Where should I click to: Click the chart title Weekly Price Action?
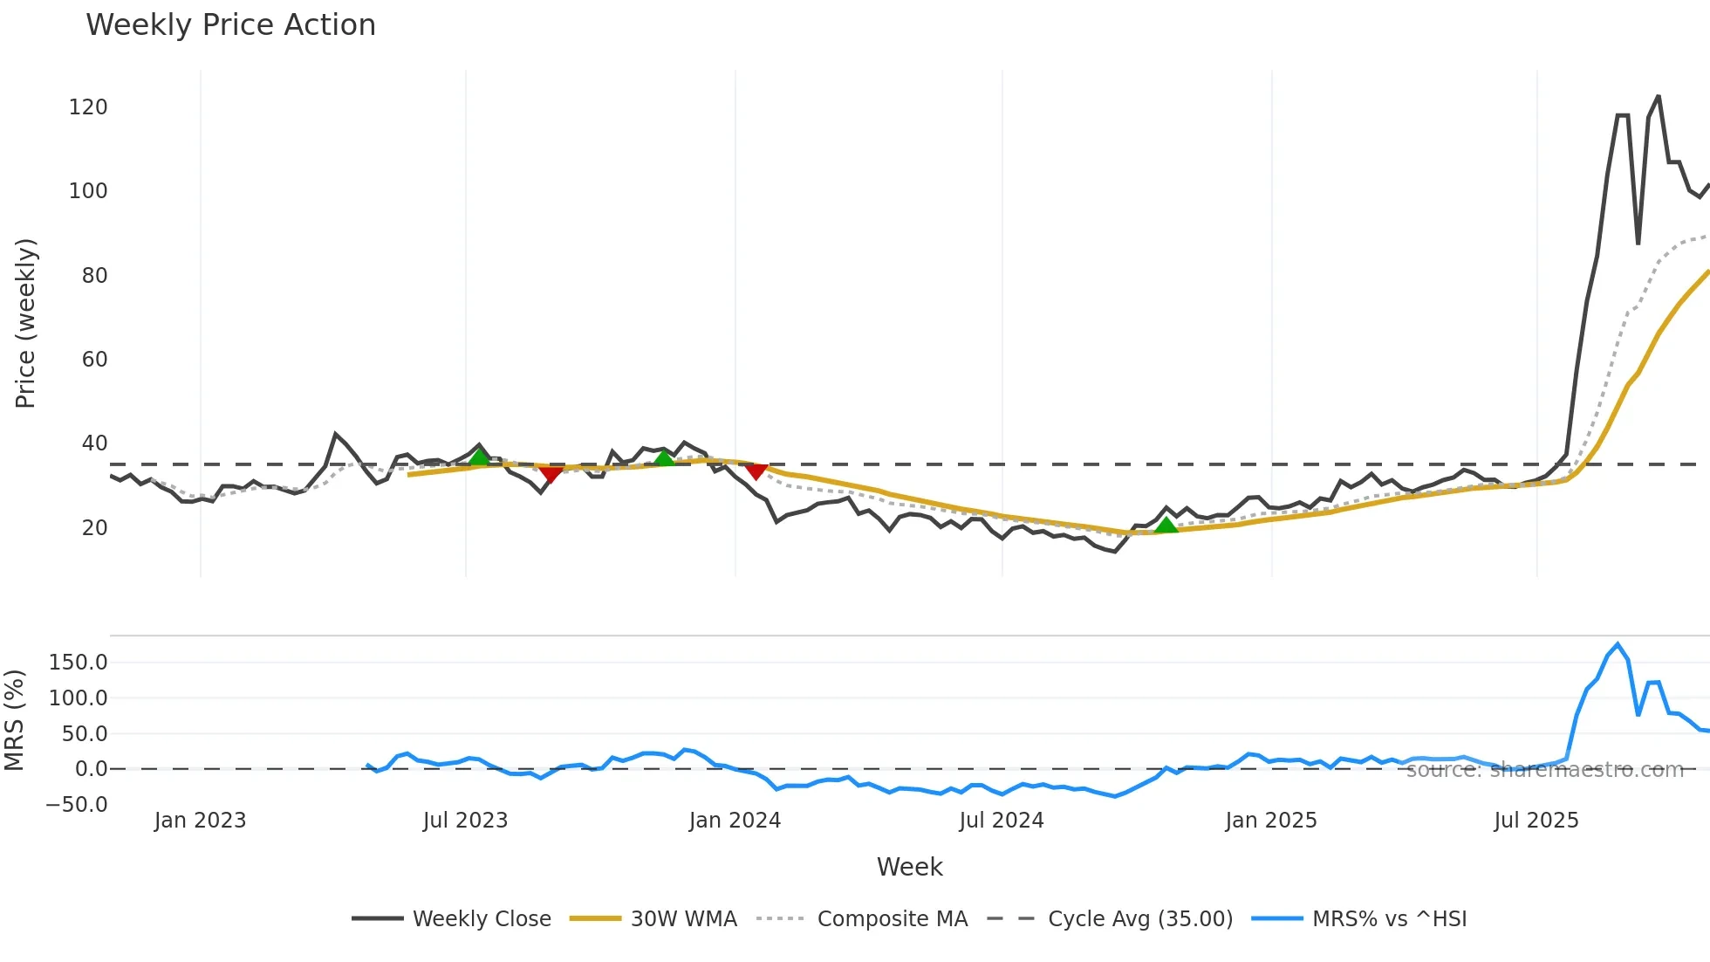230,25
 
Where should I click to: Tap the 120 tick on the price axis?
88,107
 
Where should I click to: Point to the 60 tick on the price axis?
94,360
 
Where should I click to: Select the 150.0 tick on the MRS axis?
78,663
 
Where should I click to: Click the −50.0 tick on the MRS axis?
77,805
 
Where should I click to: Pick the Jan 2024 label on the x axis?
735,821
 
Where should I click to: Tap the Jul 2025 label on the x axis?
1536,821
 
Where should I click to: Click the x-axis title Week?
909,867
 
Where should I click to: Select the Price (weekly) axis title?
25,323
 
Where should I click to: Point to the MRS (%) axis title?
14,720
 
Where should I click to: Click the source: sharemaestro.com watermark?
1544,770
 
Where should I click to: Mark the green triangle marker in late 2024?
1166,526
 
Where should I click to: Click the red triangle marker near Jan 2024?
756,471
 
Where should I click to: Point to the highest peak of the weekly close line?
1658,97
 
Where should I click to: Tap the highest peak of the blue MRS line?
1618,645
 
